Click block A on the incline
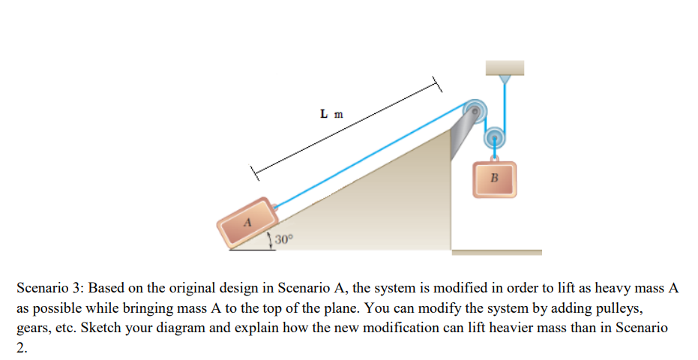pos(246,223)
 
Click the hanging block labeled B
pos(494,179)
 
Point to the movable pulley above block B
pos(495,138)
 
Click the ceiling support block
pos(505,67)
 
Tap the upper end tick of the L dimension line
pos(434,84)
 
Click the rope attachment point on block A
pos(276,207)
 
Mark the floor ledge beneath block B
pos(496,252)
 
